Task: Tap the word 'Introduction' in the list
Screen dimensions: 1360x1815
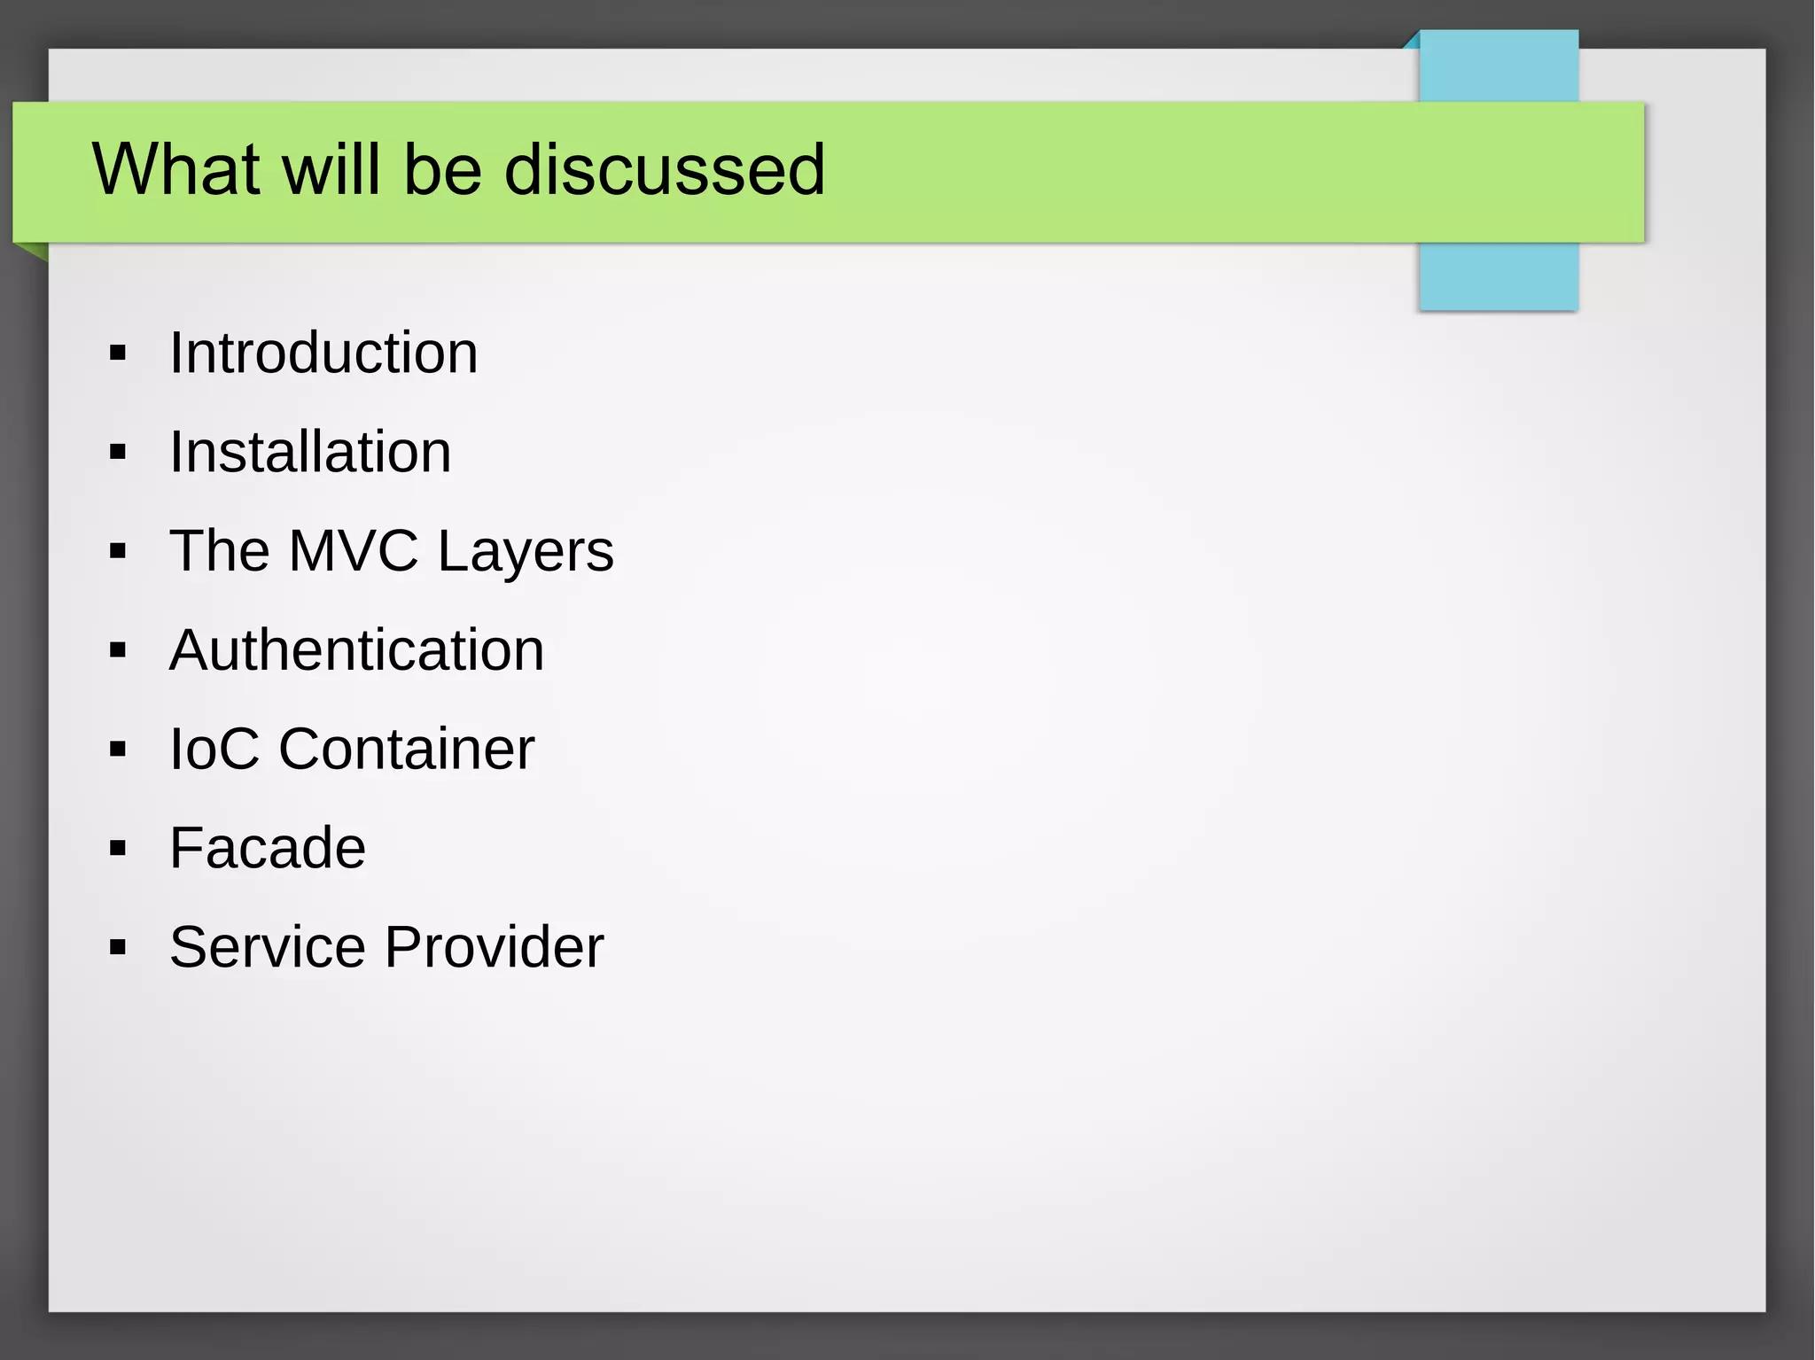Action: click(323, 353)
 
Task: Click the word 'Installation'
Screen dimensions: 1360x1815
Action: click(310, 452)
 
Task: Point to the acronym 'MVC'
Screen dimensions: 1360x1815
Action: click(353, 551)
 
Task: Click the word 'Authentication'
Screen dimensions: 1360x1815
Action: click(356, 650)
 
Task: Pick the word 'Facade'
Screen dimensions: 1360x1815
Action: click(267, 848)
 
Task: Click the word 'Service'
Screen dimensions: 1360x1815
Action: click(267, 947)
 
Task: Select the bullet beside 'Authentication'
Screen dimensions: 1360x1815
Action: click(118, 651)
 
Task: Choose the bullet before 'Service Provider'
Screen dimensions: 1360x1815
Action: click(118, 948)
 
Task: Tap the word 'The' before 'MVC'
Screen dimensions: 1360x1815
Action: click(219, 551)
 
